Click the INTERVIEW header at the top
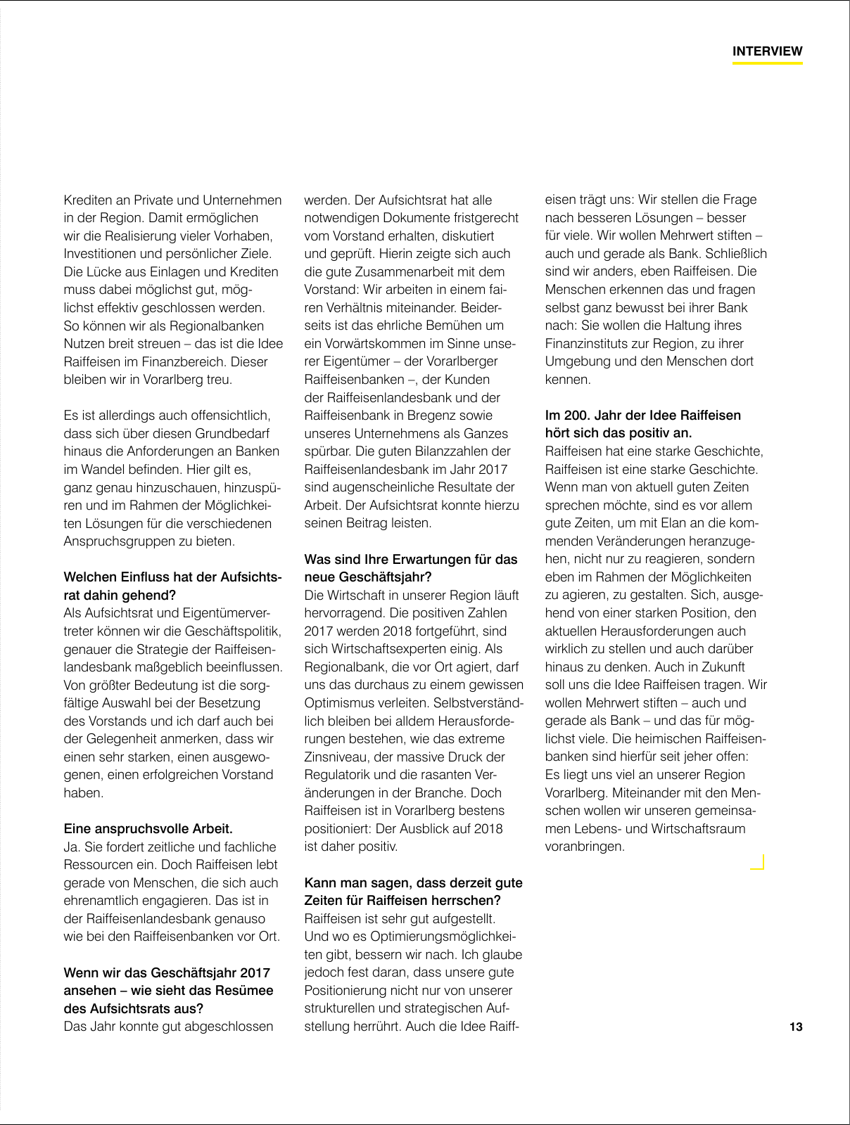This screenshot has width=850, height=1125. tap(767, 51)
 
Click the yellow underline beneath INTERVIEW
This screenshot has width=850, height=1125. tap(767, 63)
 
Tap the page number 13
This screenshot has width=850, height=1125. tap(795, 1027)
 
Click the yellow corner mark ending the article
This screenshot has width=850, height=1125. tap(759, 863)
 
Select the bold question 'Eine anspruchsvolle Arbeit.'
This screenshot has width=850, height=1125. tap(148, 828)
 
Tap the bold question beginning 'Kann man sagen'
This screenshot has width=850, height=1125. tap(413, 882)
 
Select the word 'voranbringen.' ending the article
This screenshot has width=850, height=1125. tap(585, 847)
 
